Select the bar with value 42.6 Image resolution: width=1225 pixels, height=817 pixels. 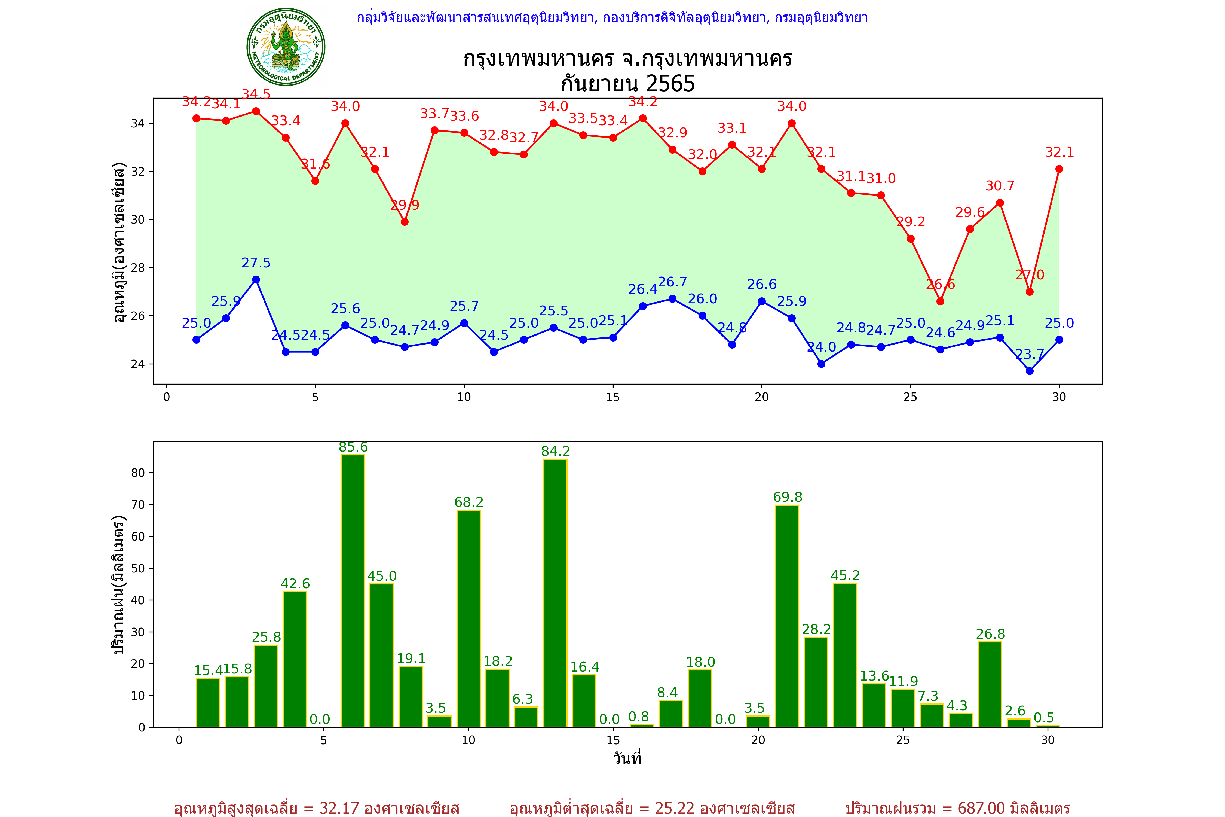tap(295, 659)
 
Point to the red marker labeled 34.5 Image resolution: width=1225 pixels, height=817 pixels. tap(256, 111)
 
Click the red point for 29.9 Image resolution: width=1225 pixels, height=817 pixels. tap(405, 222)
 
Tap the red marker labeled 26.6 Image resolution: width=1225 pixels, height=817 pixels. tap(940, 301)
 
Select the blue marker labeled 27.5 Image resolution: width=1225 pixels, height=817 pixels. tap(256, 280)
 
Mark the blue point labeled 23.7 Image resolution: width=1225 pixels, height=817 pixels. tap(1030, 371)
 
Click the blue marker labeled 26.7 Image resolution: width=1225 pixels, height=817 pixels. tap(672, 299)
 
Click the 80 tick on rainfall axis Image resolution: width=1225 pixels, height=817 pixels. tap(138, 473)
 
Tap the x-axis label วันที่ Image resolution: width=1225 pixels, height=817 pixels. tap(627, 758)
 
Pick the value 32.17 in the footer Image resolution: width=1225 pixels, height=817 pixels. tap(339, 808)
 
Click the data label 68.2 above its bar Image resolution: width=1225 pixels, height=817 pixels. tap(469, 502)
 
